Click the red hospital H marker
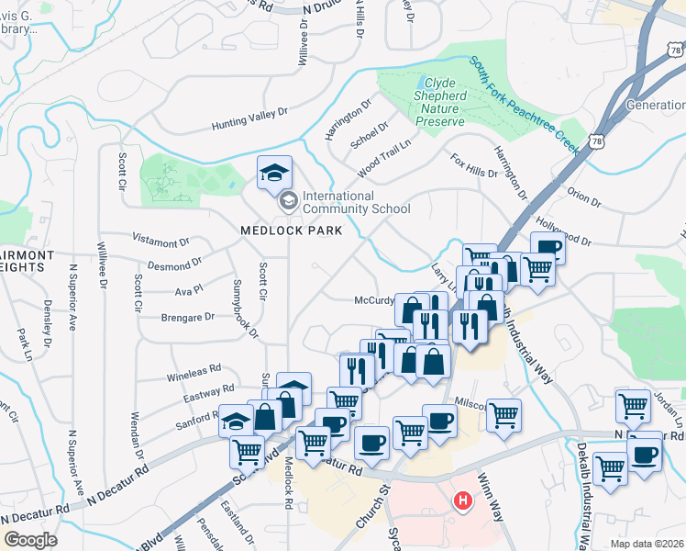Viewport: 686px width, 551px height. click(x=464, y=501)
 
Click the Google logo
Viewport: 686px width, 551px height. click(x=29, y=540)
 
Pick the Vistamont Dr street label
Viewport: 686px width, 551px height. click(x=160, y=242)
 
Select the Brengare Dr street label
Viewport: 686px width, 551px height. click(x=187, y=317)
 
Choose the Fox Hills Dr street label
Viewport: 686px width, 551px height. click(x=474, y=165)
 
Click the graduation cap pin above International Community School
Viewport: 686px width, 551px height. click(x=274, y=171)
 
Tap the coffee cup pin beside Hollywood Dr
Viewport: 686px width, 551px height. click(x=548, y=247)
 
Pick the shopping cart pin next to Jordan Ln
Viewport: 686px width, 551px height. click(x=633, y=404)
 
